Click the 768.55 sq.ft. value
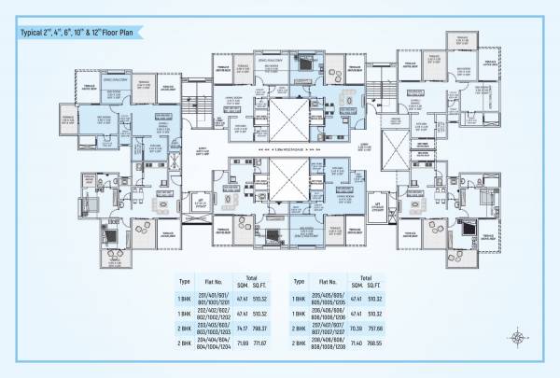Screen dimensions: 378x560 pos(376,344)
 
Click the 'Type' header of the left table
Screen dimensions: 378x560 pos(184,280)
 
